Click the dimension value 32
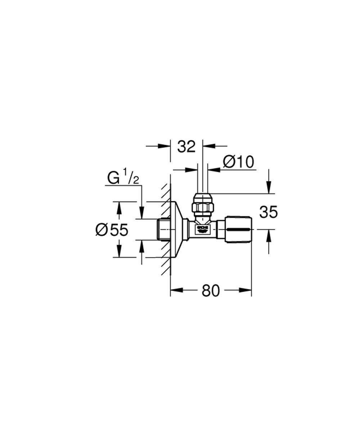[186, 147]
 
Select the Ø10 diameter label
[238, 162]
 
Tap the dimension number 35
[269, 212]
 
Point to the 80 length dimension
[211, 291]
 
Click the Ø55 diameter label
[112, 230]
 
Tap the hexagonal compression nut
[203, 208]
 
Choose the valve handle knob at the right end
[238, 229]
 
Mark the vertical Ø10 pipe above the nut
[203, 180]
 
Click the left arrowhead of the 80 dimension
[176, 290]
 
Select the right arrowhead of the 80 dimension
[246, 290]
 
